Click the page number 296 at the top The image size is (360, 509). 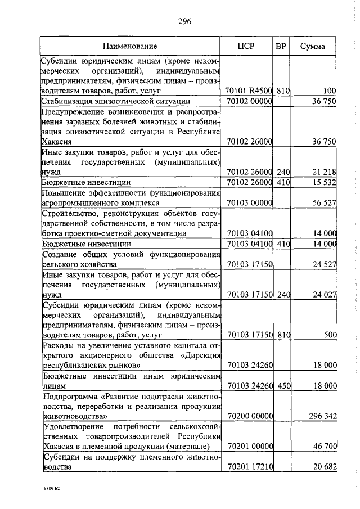click(185, 22)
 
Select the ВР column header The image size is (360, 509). click(281, 46)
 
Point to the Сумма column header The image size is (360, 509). click(312, 46)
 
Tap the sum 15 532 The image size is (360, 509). click(325, 182)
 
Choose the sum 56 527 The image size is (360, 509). click(325, 202)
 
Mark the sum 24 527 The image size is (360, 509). click(325, 263)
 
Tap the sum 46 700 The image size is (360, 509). click(325, 447)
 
